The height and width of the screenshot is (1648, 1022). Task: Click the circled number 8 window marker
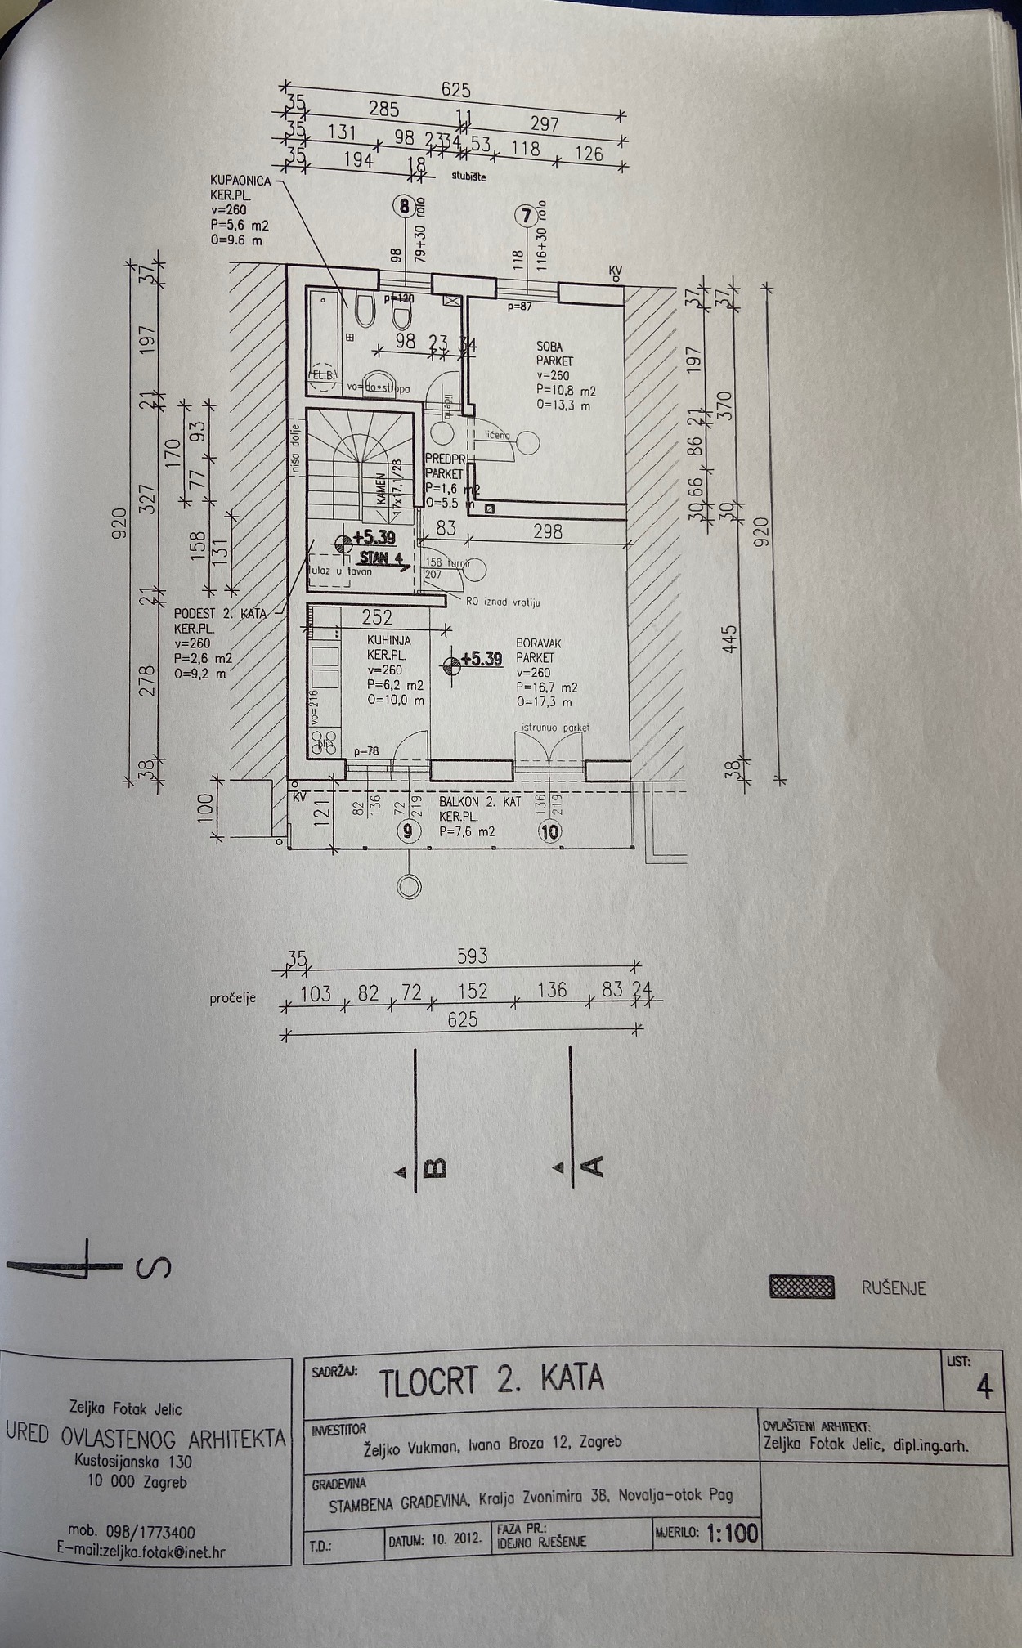(404, 206)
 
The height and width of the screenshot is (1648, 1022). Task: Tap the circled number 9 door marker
(409, 831)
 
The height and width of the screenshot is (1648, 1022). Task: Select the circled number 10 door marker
(549, 831)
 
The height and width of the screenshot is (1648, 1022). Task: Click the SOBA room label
(549, 347)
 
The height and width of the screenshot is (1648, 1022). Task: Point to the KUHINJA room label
(389, 641)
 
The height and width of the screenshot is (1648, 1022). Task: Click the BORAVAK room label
(539, 643)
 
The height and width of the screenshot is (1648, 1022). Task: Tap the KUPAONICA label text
(240, 181)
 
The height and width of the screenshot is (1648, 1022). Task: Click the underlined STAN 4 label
(381, 559)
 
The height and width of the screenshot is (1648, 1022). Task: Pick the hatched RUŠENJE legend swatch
(801, 1287)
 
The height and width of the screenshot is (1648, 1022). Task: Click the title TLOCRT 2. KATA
(491, 1381)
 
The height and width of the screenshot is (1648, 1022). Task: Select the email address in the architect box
(141, 1552)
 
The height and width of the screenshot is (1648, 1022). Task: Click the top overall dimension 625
(455, 90)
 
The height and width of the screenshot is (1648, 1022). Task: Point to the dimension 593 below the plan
(472, 955)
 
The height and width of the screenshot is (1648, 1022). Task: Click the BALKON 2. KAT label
(479, 802)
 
